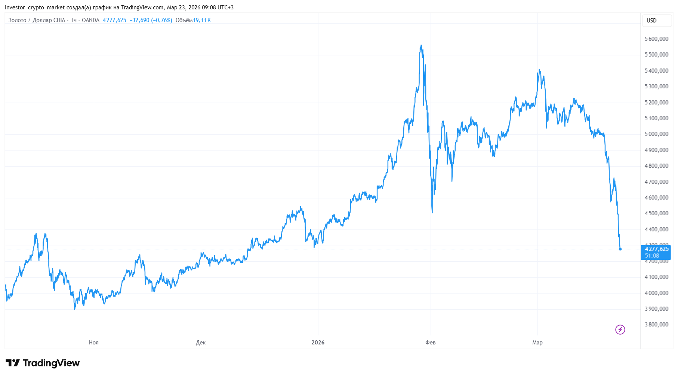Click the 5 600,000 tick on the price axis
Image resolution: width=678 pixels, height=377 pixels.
click(x=656, y=39)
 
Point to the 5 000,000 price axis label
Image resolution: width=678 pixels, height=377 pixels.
click(x=656, y=134)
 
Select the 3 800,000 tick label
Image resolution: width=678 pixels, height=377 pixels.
click(x=656, y=325)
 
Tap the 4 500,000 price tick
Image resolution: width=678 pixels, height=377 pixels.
click(x=656, y=213)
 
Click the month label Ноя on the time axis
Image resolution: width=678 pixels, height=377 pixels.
click(x=94, y=343)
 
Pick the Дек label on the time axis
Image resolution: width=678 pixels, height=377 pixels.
click(x=201, y=343)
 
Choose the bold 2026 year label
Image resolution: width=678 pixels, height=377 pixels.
click(x=318, y=343)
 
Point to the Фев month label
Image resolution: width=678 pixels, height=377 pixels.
click(x=431, y=343)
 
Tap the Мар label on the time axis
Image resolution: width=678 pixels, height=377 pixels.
click(x=537, y=343)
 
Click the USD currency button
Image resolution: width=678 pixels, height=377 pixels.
click(x=651, y=21)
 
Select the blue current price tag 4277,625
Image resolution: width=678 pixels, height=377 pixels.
click(x=656, y=249)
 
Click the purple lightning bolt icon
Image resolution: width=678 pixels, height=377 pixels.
click(x=620, y=329)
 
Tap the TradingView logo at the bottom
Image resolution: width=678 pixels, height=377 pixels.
click(x=43, y=363)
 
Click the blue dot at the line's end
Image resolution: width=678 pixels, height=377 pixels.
click(x=620, y=249)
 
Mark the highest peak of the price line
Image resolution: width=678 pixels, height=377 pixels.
click(x=421, y=45)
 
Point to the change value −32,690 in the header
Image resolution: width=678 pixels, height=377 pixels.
click(x=139, y=20)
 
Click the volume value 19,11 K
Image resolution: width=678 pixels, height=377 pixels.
click(x=202, y=20)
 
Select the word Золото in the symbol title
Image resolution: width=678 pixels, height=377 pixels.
click(x=18, y=20)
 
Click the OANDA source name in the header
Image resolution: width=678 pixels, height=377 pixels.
click(x=90, y=20)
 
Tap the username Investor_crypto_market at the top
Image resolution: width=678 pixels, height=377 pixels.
click(x=35, y=7)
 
